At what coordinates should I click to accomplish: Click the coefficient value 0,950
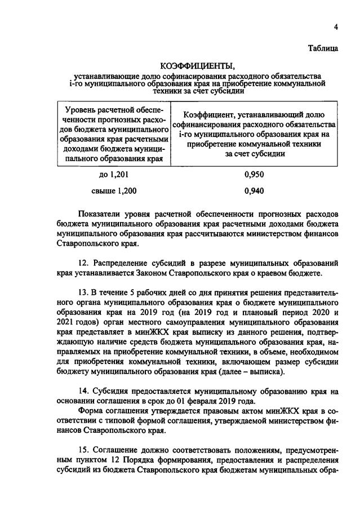click(254, 174)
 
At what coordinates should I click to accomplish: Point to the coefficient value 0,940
click(254, 190)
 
